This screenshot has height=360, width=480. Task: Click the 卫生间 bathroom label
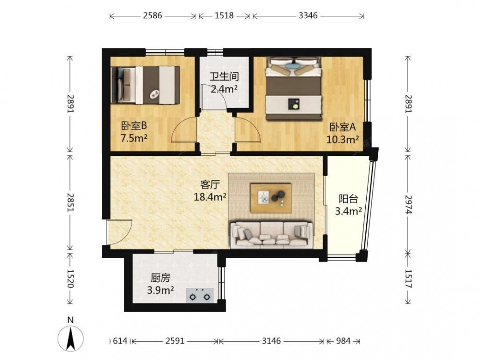(x=224, y=76)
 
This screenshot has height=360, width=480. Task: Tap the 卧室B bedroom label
(x=134, y=125)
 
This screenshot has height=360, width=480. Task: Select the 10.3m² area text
(x=343, y=140)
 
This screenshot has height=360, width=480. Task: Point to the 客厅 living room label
(x=210, y=184)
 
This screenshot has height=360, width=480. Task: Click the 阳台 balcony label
(x=348, y=199)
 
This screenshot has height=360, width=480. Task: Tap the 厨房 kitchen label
(x=160, y=277)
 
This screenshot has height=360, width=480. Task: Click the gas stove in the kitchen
(x=200, y=295)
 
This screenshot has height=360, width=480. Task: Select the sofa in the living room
(x=272, y=235)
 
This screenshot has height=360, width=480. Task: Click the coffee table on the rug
(x=271, y=198)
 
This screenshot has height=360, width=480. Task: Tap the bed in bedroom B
(x=145, y=85)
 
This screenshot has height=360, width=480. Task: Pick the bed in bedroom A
(x=294, y=88)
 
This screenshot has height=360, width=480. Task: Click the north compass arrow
(x=71, y=338)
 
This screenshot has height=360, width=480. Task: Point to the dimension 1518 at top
(x=224, y=15)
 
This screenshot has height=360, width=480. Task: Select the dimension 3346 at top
(x=308, y=15)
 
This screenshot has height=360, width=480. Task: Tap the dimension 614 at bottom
(x=120, y=341)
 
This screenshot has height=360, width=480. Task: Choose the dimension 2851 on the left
(x=71, y=203)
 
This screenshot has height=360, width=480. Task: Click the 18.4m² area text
(x=210, y=197)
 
